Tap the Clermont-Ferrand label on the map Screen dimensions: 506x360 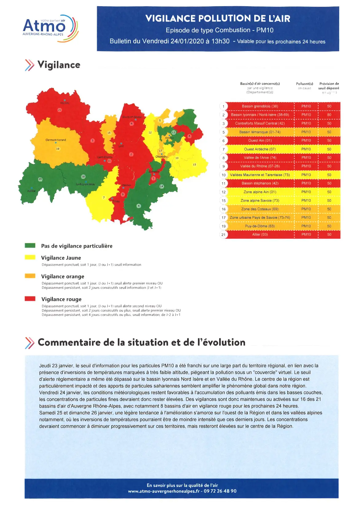(x=56, y=140)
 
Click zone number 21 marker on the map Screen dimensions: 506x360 (x=60, y=110)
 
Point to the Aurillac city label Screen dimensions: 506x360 (x=31, y=191)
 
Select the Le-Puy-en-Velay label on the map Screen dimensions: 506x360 (x=85, y=184)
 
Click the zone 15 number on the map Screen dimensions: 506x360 (x=194, y=165)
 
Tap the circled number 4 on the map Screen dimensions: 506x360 (x=139, y=206)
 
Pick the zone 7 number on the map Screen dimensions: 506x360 (x=104, y=198)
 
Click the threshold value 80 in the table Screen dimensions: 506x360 (x=329, y=115)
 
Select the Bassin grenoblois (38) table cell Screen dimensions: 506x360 (x=260, y=106)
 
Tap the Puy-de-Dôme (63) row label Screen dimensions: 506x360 (x=260, y=226)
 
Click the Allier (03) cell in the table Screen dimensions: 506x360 (x=260, y=234)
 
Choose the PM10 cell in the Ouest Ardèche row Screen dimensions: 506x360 (x=306, y=149)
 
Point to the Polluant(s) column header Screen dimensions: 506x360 (x=304, y=84)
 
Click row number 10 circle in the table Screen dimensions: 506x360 (x=224, y=175)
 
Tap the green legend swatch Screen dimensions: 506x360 (x=30, y=245)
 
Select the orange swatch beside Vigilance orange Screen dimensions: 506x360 (x=30, y=276)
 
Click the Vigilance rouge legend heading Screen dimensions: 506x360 (x=61, y=299)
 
